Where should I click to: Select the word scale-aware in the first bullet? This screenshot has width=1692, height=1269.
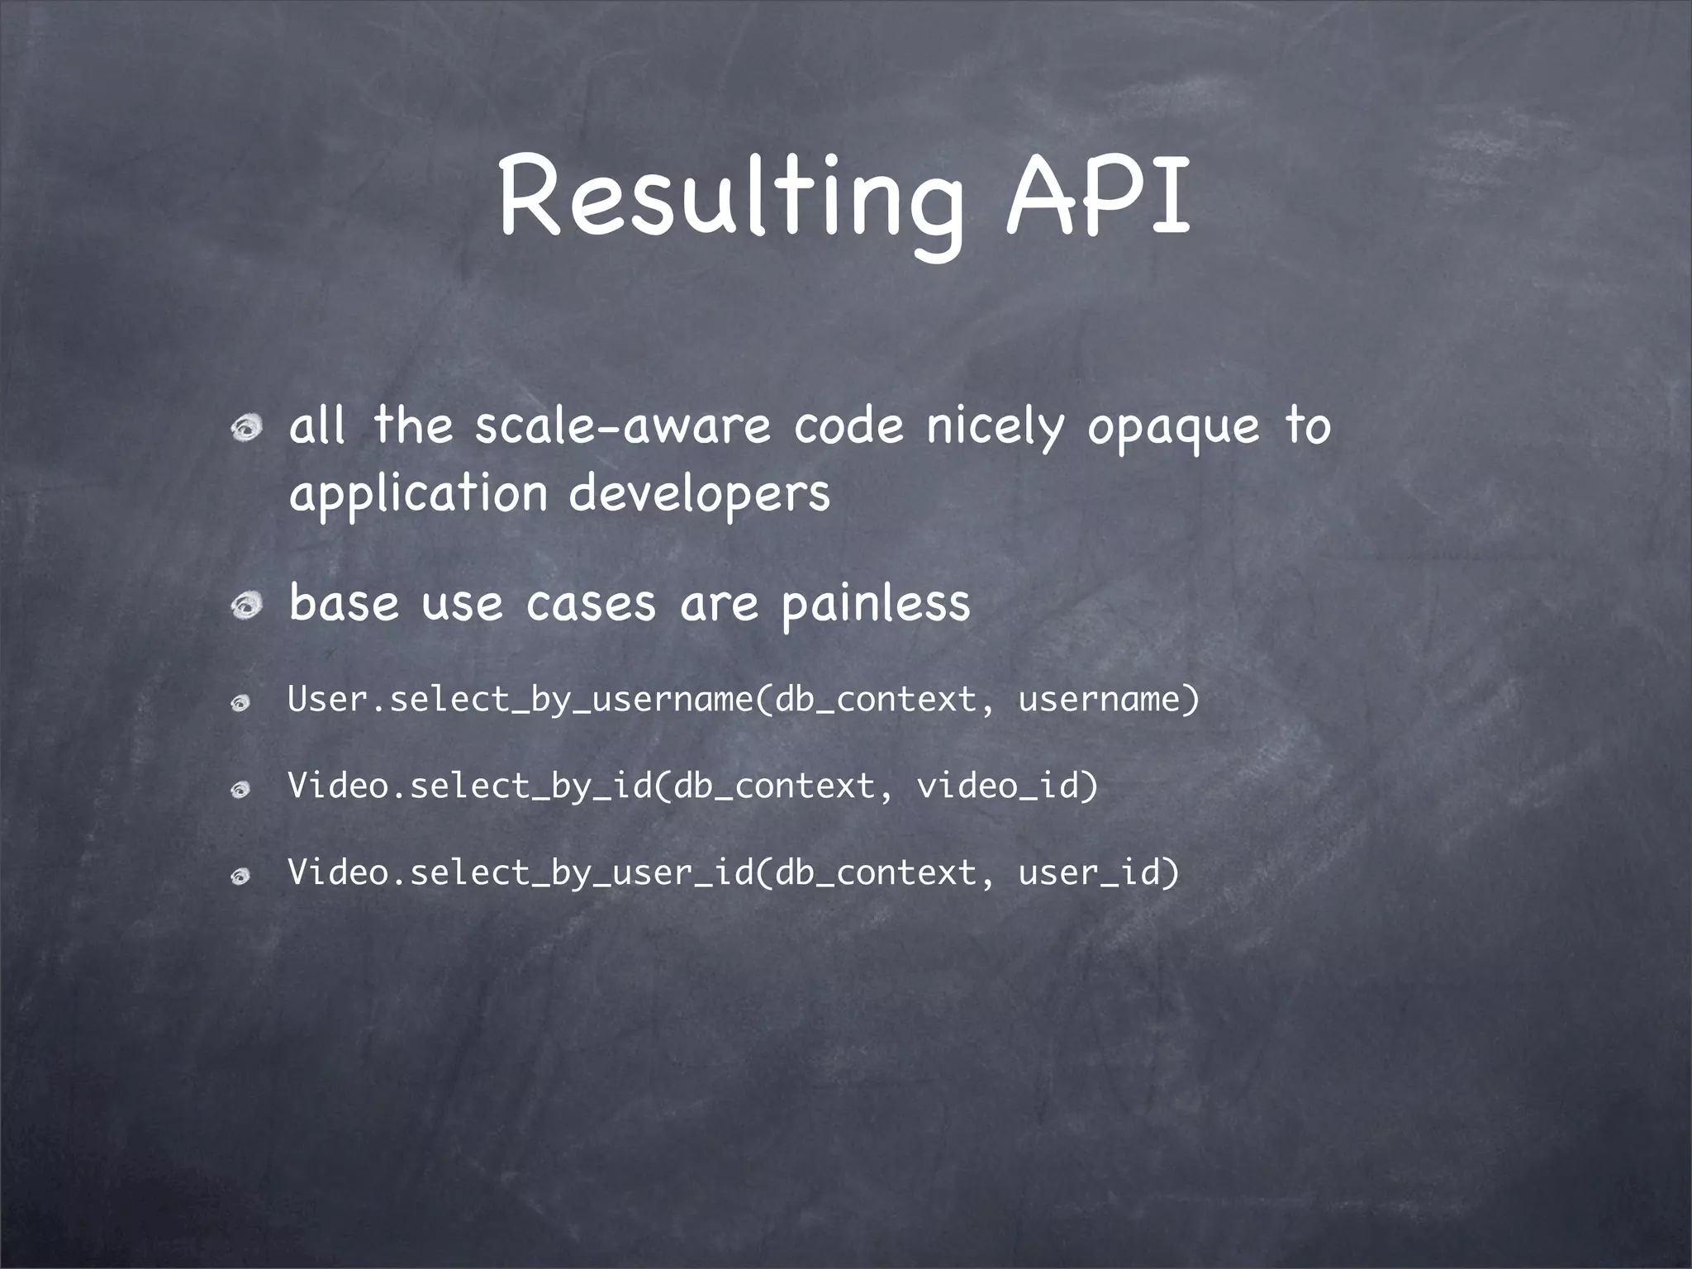(622, 426)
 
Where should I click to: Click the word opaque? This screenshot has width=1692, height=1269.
(1173, 428)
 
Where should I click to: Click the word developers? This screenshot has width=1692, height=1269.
(699, 494)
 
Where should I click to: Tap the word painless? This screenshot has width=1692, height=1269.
(876, 604)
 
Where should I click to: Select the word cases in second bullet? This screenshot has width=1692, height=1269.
(591, 604)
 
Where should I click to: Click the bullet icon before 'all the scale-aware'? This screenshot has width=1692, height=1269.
(246, 428)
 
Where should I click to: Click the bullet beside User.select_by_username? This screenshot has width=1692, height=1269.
(240, 703)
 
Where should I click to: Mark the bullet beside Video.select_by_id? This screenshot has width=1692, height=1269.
(240, 790)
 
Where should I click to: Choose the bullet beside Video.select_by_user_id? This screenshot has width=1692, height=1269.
(240, 877)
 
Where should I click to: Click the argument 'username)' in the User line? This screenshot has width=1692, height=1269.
(1108, 700)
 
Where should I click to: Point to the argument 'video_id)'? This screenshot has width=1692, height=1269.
(1007, 786)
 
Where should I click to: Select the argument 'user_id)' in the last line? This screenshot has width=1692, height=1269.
(1098, 872)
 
